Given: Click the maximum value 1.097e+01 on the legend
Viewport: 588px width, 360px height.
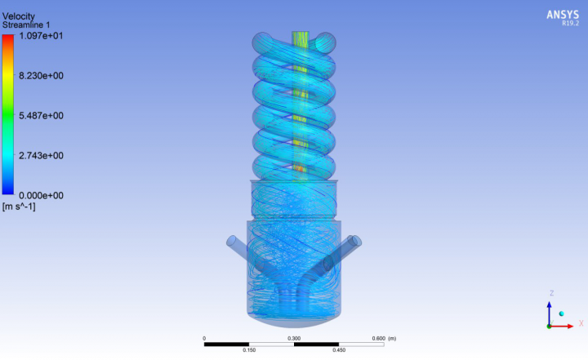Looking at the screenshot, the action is point(41,36).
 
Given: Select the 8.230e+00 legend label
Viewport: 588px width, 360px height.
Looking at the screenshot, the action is point(41,76).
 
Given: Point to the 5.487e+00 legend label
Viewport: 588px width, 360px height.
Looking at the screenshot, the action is point(41,115).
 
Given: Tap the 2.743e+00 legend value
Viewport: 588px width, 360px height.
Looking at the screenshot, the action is point(41,156).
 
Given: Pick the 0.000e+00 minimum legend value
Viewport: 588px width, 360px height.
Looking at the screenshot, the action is point(41,195).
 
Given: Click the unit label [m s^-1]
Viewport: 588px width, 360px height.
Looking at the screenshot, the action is point(19,207).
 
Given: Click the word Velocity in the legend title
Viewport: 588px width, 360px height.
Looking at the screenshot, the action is point(18,16).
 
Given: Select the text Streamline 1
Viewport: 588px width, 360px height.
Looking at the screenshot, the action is point(26,25).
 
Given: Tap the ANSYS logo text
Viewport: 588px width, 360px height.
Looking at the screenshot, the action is point(563,15).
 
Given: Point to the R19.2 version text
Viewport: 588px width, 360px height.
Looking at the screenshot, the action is point(570,23).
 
